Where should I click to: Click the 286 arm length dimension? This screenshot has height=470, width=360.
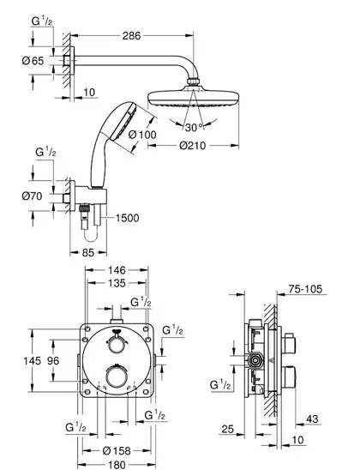[x=131, y=36]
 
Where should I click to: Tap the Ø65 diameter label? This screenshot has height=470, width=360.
[x=33, y=61]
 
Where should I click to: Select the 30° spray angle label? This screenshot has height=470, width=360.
[x=195, y=128]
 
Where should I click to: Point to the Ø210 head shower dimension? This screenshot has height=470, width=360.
[x=193, y=146]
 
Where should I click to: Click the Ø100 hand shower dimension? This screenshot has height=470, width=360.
[x=142, y=135]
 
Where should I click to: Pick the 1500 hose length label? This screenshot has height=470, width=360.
[x=128, y=218]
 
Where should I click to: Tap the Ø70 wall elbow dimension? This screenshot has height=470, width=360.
[x=32, y=196]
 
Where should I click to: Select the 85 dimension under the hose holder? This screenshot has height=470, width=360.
[x=88, y=253]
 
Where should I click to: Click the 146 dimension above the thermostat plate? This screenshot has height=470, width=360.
[x=117, y=270]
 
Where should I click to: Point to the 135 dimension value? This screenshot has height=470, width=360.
[x=117, y=283]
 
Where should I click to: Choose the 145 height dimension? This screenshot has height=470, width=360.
[x=33, y=360]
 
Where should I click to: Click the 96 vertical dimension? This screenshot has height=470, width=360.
[x=53, y=360]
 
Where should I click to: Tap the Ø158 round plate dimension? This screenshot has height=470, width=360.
[x=117, y=450]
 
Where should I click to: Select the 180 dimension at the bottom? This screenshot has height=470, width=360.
[x=117, y=465]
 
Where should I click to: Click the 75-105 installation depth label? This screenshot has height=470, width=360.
[x=305, y=289]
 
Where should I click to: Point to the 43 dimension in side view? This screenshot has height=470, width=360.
[x=312, y=419]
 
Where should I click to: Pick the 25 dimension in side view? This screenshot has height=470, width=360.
[x=228, y=429]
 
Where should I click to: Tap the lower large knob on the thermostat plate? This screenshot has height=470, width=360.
[x=117, y=378]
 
